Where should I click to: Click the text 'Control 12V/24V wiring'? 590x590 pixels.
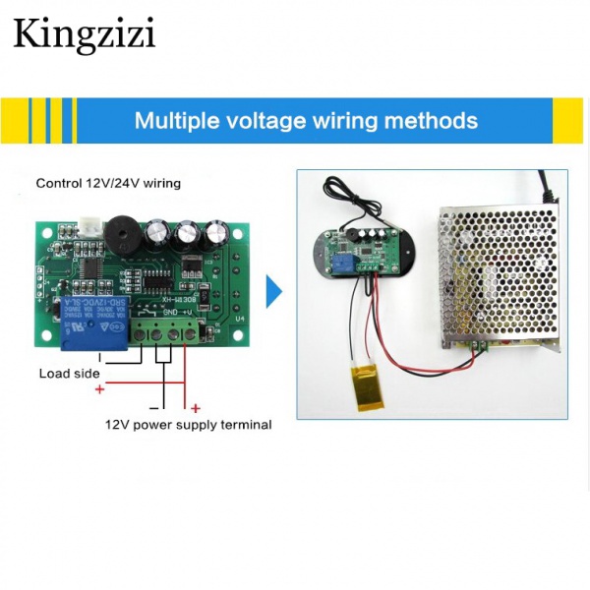[x=108, y=183]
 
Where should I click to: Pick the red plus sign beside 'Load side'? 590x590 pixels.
[x=99, y=390]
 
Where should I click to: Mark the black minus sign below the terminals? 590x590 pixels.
[x=153, y=405]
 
